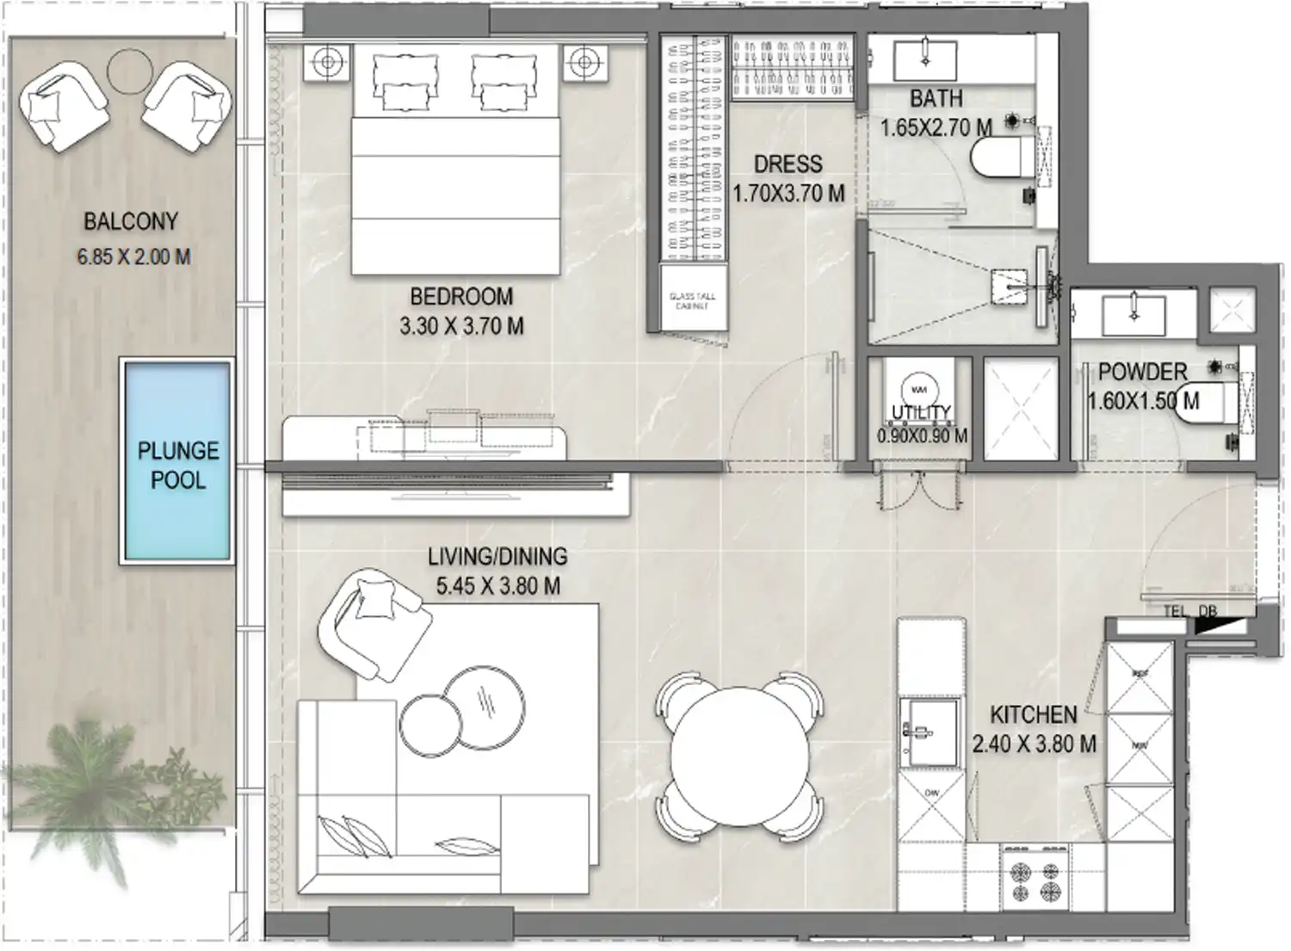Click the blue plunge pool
click(x=177, y=461)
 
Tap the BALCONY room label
click(x=131, y=221)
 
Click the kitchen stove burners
click(x=1036, y=880)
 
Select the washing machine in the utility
click(x=919, y=389)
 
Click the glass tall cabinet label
click(x=692, y=300)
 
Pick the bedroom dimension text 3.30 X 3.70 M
click(x=461, y=327)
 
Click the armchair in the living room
click(x=373, y=620)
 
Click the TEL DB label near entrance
click(x=1190, y=611)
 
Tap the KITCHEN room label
click(x=1033, y=714)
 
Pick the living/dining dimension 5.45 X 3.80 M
click(x=497, y=587)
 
